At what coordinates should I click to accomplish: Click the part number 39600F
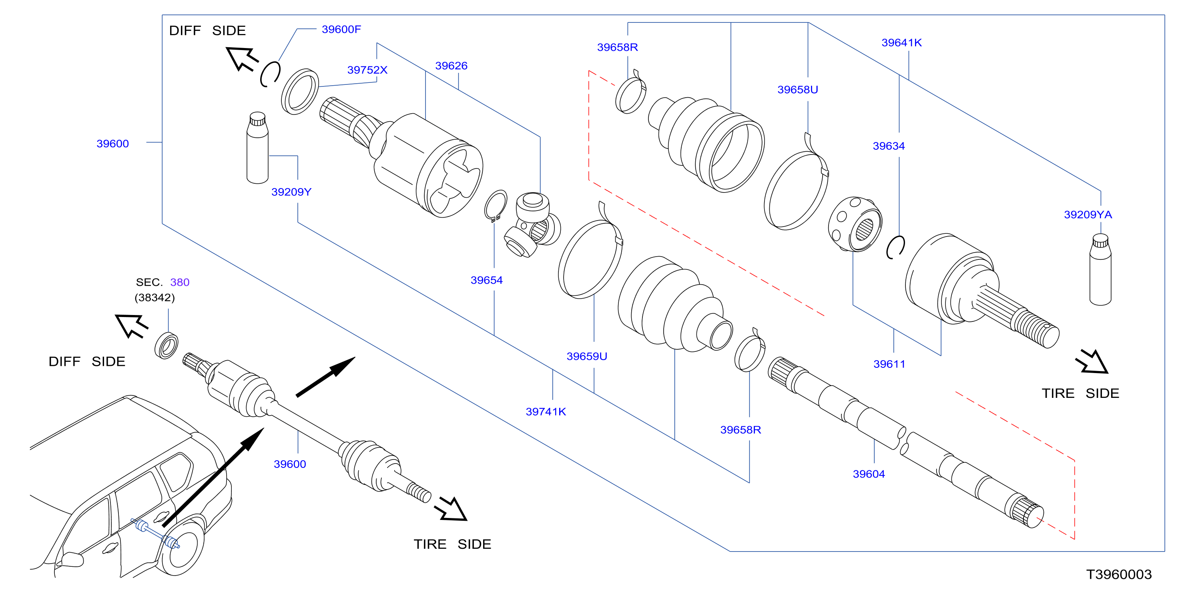[x=341, y=29]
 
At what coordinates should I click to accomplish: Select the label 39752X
[x=367, y=70]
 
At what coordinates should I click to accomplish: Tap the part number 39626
[x=451, y=66]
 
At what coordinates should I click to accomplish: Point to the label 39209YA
[x=1088, y=215]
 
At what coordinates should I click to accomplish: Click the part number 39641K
[x=901, y=42]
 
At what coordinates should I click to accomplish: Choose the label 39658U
[x=798, y=89]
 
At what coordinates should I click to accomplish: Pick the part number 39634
[x=889, y=146]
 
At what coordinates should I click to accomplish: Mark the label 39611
[x=889, y=364]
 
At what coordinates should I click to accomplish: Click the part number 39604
[x=869, y=474]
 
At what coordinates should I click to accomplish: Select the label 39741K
[x=546, y=411]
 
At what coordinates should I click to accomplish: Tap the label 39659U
[x=586, y=356]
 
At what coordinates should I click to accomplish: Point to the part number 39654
[x=486, y=280]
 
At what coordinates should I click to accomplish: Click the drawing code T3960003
[x=1119, y=574]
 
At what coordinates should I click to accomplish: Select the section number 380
[x=179, y=282]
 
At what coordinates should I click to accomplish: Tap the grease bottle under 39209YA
[x=1100, y=270]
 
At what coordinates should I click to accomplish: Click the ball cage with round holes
[x=855, y=224]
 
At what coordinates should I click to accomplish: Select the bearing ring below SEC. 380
[x=166, y=345]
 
